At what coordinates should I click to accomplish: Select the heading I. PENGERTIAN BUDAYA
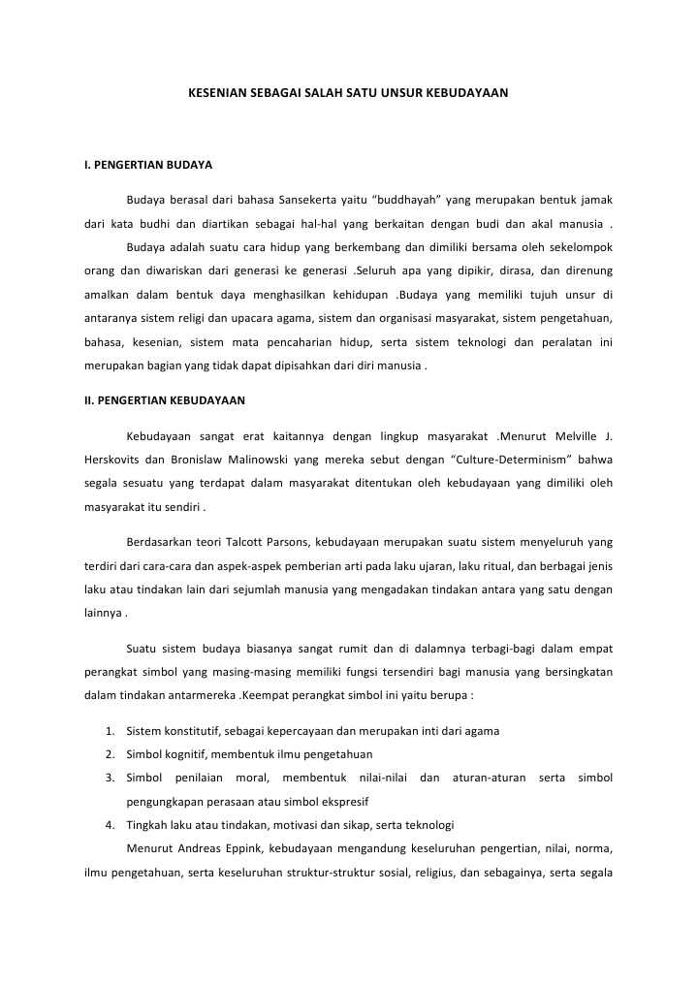tap(147, 165)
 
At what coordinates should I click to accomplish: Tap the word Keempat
tap(271, 696)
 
